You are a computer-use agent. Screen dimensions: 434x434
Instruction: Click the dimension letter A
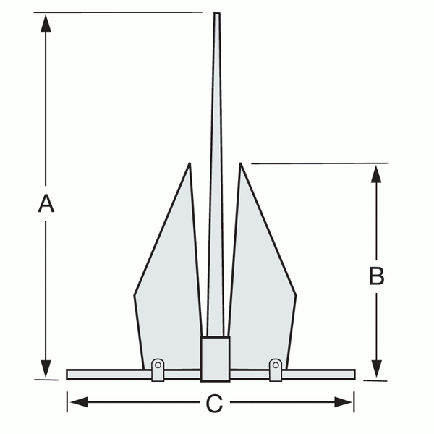coord(46,205)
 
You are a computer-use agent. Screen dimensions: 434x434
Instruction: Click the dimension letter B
coord(376,277)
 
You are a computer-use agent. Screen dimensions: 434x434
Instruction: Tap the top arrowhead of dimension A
coord(46,20)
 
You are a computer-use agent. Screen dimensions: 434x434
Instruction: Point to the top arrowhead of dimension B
coord(376,174)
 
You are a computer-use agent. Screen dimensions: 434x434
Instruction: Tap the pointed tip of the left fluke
coord(190,165)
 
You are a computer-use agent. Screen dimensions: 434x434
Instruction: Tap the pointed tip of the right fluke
coord(240,165)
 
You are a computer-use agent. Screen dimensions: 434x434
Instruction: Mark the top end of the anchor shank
coord(216,14)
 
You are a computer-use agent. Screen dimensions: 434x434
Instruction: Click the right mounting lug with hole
coord(275,367)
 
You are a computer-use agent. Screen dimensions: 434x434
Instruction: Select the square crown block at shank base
coord(215,358)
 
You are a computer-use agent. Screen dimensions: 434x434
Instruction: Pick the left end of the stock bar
coord(69,375)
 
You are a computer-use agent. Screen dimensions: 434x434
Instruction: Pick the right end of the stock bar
coord(353,375)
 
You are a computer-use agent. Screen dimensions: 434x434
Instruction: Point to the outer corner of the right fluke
coord(296,295)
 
